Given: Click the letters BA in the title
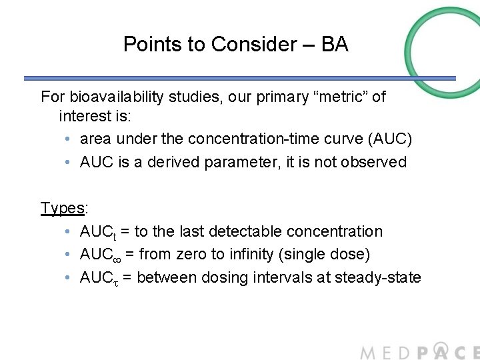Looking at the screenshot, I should [x=335, y=45].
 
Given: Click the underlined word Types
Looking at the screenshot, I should [x=62, y=208].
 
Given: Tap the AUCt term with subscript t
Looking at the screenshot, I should [x=98, y=232].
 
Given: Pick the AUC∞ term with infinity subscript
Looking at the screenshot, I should [x=99, y=255].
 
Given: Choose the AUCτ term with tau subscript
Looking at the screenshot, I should [x=99, y=278].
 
